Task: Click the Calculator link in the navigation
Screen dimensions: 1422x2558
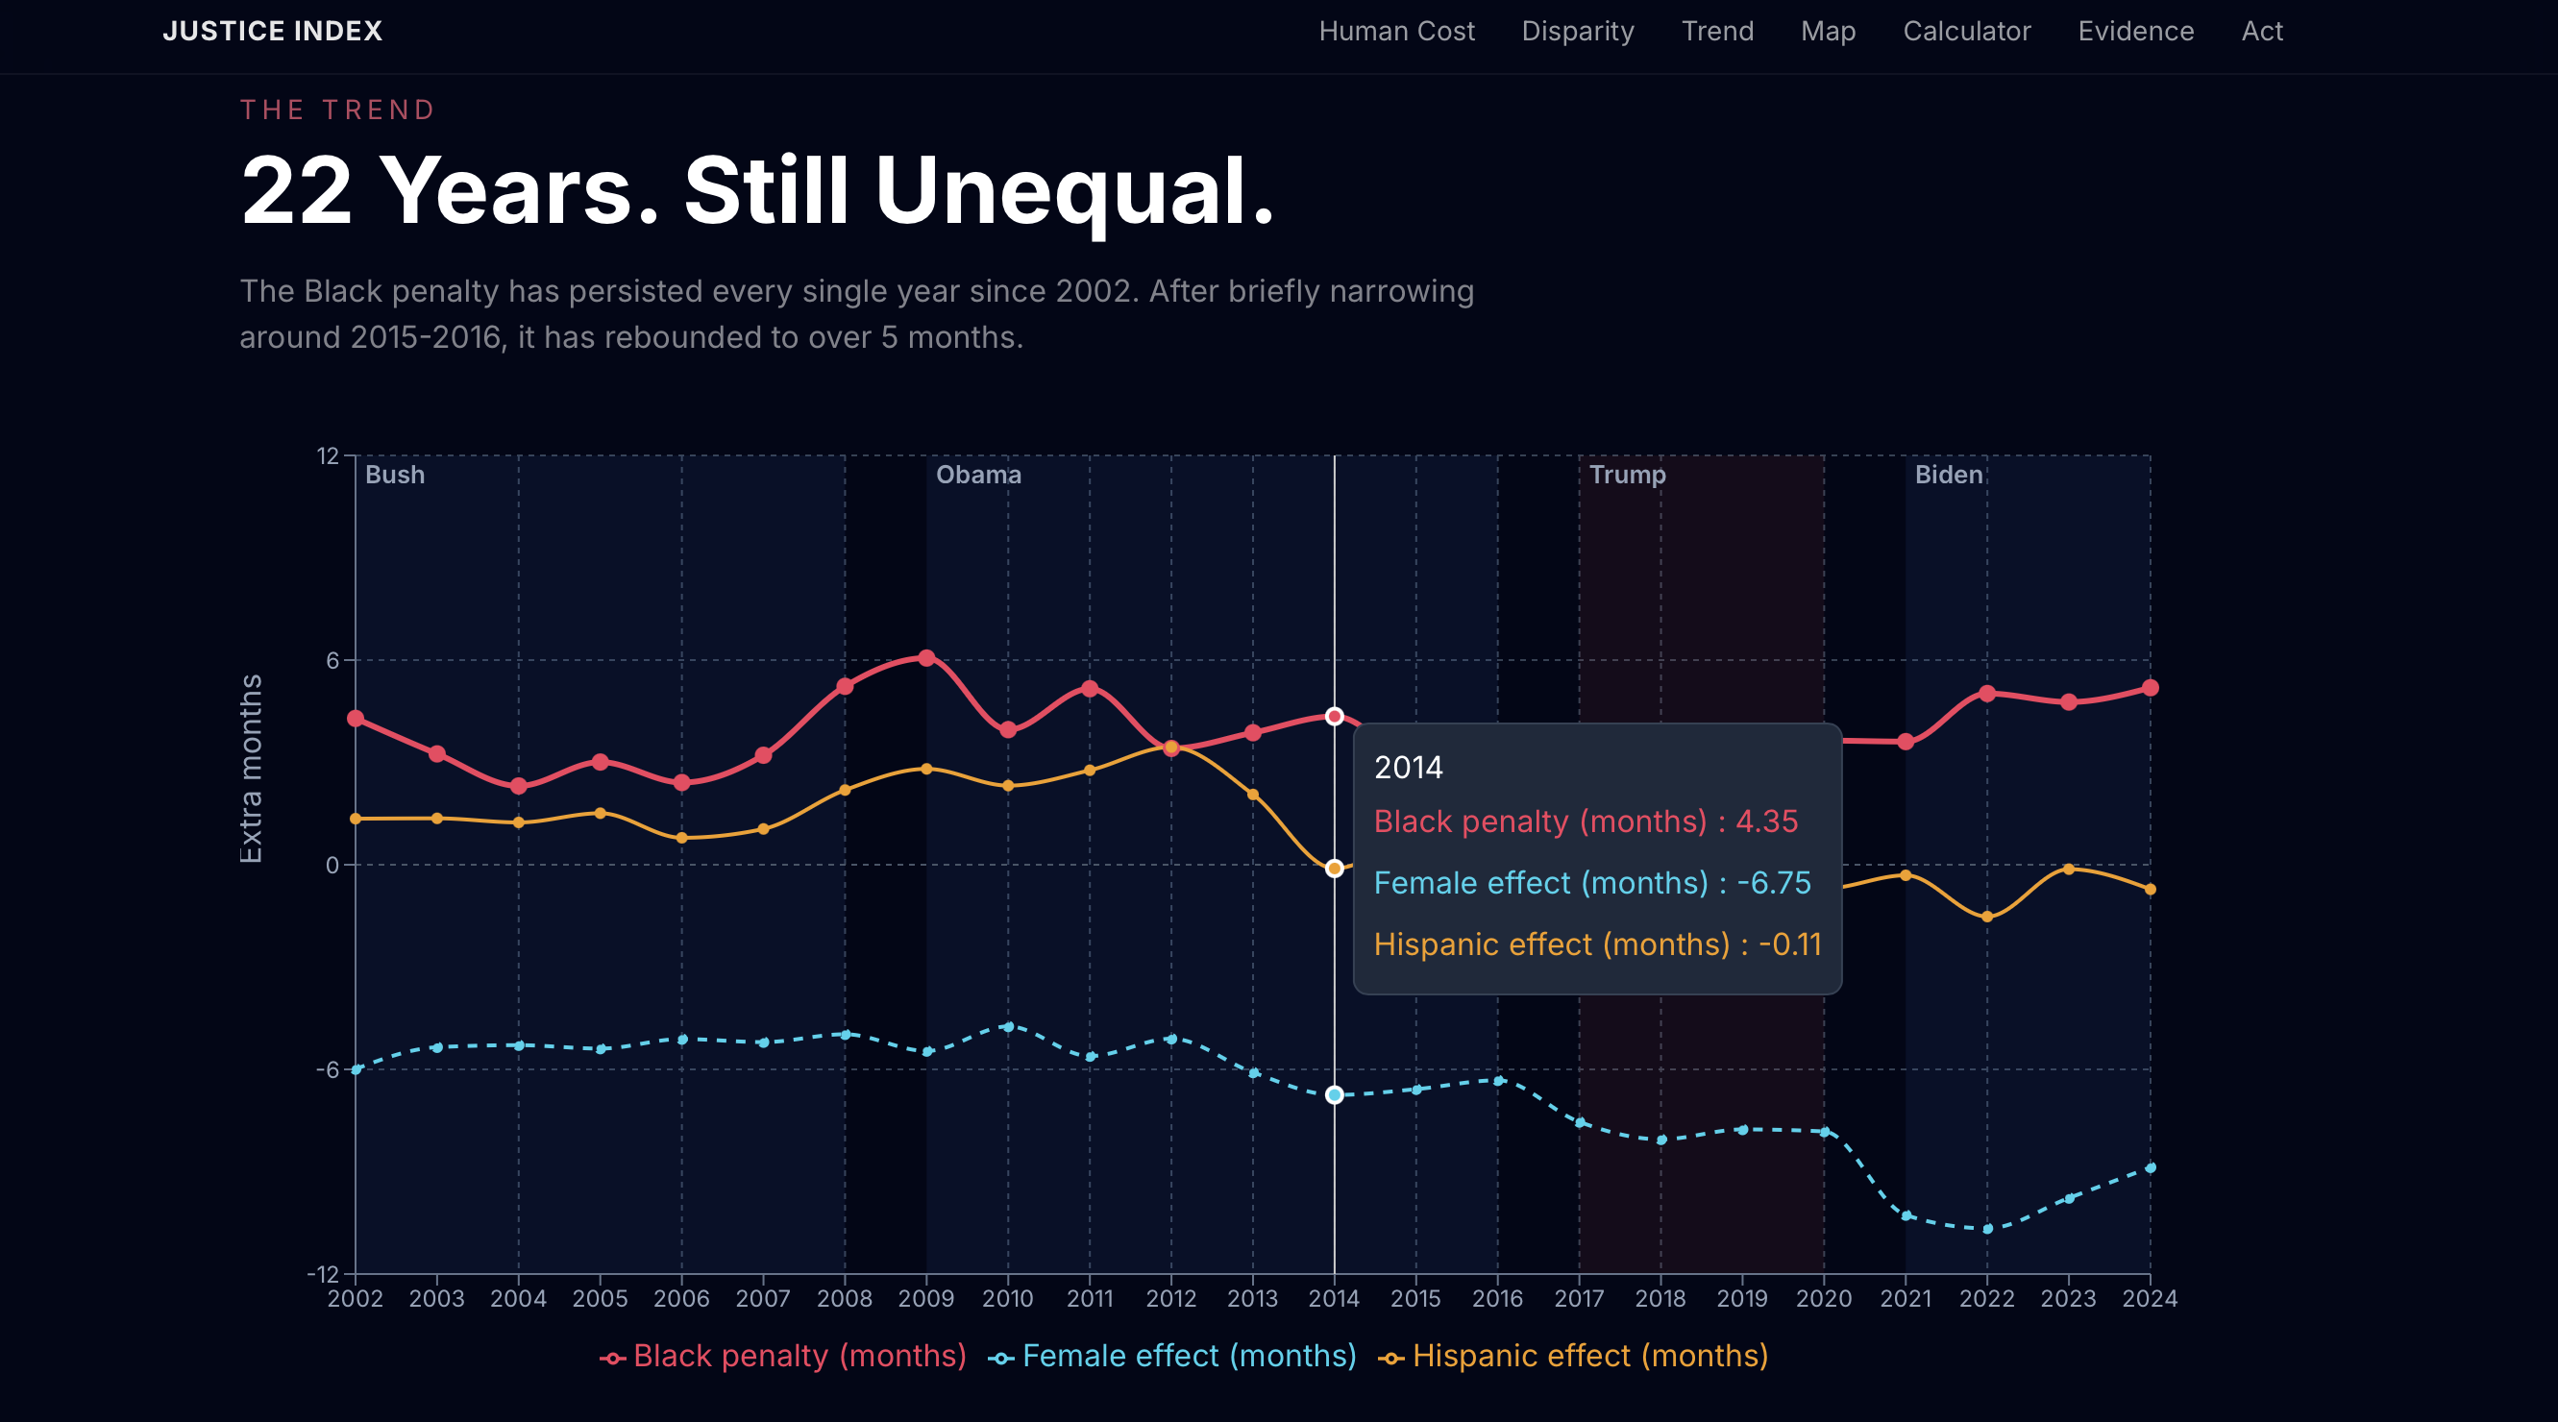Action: point(1966,32)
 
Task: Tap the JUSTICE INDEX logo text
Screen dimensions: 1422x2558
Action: point(272,32)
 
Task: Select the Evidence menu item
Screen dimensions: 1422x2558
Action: point(2135,32)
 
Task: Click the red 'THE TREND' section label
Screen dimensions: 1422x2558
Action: point(337,110)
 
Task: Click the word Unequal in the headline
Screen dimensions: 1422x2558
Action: point(1073,190)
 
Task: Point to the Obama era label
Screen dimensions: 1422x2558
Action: point(978,475)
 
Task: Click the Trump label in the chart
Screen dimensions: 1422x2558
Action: point(1627,475)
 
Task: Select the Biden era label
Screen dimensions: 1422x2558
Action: point(1949,475)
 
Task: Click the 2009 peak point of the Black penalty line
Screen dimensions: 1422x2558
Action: point(926,658)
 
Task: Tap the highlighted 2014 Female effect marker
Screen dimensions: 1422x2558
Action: point(1335,1094)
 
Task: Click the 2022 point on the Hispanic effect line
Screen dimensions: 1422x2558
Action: point(1987,917)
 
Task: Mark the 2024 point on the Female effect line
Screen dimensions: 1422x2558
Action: point(2150,1167)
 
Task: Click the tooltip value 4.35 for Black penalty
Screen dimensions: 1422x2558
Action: point(1765,821)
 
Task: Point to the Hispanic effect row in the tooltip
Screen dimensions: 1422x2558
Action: point(1597,944)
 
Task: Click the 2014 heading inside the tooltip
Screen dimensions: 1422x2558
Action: point(1408,768)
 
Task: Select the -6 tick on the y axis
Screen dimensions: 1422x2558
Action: point(328,1069)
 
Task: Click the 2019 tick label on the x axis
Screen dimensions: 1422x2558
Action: point(1742,1299)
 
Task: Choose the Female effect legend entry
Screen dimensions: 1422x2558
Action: point(1172,1356)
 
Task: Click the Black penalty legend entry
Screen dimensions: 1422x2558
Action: point(783,1356)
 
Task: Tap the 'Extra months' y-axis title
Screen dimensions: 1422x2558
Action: point(251,769)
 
